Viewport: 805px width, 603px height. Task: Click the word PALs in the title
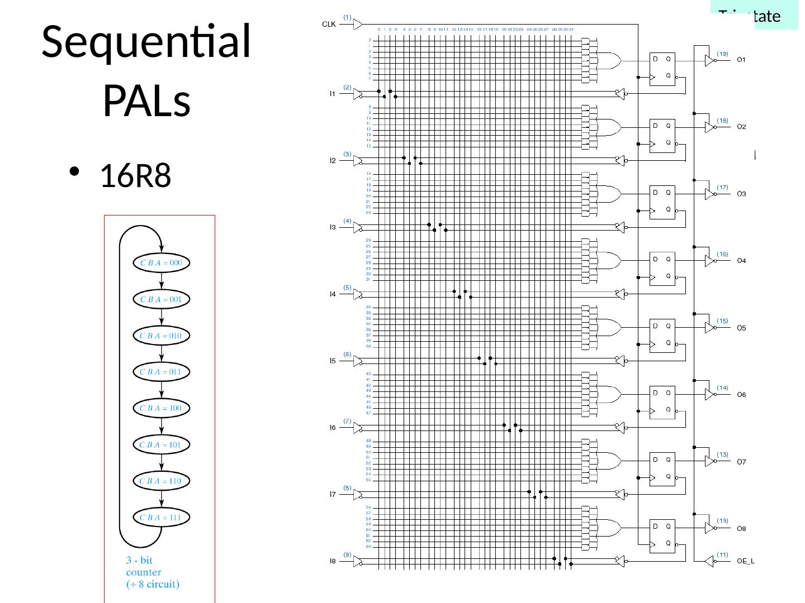146,101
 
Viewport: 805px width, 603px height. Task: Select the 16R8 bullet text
135,176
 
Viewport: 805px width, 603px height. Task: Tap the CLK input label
329,25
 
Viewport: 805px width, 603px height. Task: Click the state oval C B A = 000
162,263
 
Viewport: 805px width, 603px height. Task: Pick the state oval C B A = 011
162,372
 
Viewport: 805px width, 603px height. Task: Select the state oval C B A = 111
162,518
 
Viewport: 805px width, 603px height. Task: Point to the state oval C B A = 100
162,408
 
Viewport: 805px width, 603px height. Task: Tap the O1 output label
741,60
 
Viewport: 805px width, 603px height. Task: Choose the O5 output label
741,328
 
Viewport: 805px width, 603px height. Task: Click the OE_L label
746,562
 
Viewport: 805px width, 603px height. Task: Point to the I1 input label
332,94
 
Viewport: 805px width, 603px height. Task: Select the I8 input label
332,562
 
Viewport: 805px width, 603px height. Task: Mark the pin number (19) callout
723,54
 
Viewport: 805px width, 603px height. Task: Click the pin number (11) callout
723,554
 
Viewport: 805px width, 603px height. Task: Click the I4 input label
332,294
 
